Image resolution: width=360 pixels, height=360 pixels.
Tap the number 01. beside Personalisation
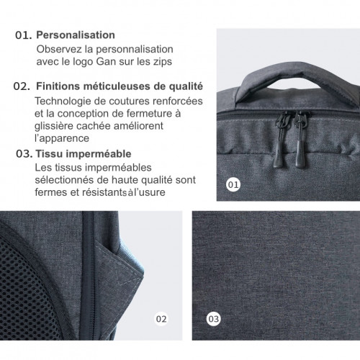coord(24,34)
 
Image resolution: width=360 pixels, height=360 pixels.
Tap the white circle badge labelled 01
coord(233,184)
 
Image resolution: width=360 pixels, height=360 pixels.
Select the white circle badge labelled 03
coord(213,316)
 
